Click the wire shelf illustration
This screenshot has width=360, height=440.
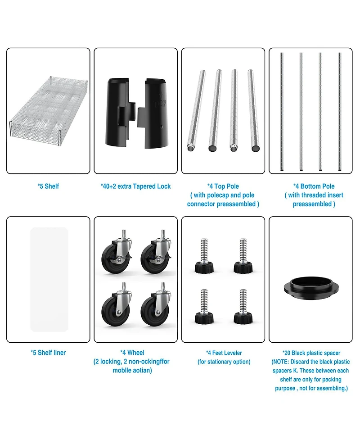coord(49,111)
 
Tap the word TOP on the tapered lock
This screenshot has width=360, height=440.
coord(160,104)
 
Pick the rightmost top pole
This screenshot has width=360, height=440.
coord(253,110)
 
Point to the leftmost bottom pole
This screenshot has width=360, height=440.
coord(282,111)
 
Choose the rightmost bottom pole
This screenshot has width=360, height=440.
coord(340,111)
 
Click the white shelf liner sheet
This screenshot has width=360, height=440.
coord(49,280)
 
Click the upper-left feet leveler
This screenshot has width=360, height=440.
coord(204,255)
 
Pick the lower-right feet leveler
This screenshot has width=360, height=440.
coord(243,306)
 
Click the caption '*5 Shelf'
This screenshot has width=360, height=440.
coord(48,186)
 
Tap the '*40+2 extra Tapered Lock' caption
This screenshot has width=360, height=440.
coord(136,186)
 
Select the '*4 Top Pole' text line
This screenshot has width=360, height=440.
coord(223,186)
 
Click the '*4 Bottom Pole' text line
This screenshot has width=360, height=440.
coord(314,186)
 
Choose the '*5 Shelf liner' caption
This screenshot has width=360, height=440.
coord(48,353)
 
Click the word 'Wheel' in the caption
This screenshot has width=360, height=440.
coord(136,353)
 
